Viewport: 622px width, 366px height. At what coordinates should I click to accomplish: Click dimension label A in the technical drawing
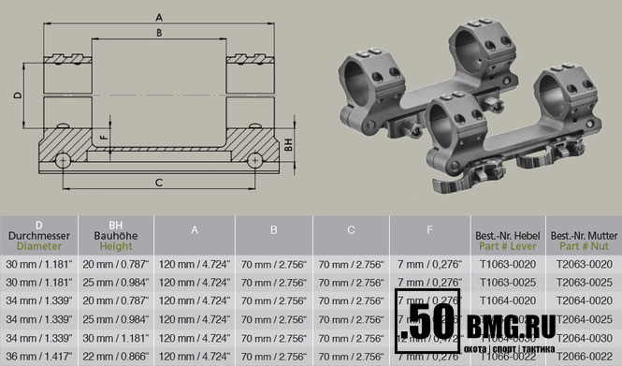point(160,17)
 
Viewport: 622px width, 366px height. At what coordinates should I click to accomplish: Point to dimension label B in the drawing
point(160,34)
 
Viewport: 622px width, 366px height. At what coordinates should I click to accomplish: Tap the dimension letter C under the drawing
point(159,183)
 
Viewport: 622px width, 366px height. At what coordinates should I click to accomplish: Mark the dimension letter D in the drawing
point(17,95)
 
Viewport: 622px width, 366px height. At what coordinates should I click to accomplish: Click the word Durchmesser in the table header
point(38,236)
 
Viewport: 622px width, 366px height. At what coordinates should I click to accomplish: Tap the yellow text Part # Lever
point(507,246)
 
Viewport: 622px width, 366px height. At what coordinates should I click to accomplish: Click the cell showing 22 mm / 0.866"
point(115,356)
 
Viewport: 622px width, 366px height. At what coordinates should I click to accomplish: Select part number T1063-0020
point(507,266)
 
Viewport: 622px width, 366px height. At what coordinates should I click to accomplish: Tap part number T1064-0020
point(507,301)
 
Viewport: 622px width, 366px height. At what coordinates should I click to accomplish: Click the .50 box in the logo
point(428,323)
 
